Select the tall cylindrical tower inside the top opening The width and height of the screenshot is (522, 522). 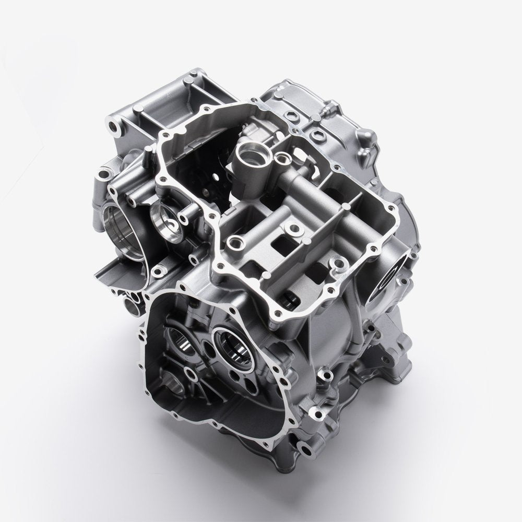tap(247, 157)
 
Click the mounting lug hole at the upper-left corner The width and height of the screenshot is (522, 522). tap(113, 125)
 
